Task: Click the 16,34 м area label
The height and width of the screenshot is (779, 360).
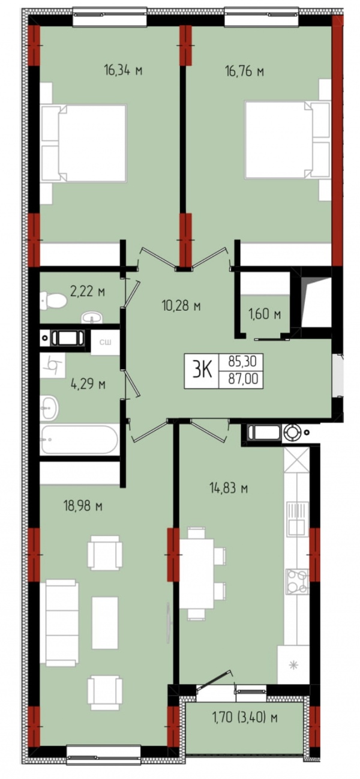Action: click(123, 71)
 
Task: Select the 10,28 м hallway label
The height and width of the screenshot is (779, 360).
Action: click(181, 305)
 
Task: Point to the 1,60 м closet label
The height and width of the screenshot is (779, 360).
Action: click(265, 314)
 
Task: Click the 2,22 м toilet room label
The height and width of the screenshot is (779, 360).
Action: click(88, 291)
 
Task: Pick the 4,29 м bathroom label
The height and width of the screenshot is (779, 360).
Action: click(88, 384)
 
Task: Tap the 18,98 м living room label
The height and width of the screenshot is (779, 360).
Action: click(83, 506)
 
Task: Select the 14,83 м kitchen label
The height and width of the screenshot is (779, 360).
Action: click(229, 488)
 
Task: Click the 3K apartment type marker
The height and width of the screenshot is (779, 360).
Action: click(202, 371)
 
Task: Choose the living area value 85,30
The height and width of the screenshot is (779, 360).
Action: click(242, 362)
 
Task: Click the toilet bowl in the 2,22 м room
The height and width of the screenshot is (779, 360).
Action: click(53, 301)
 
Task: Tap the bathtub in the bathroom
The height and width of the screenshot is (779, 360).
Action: click(79, 439)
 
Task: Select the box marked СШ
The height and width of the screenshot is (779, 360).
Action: click(106, 343)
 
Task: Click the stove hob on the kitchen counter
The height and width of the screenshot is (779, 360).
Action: click(297, 581)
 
